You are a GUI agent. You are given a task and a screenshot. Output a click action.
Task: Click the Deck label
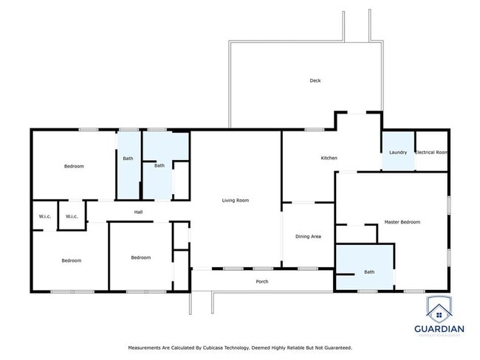coord(315,80)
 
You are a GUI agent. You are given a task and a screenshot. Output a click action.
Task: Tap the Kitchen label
coord(329,159)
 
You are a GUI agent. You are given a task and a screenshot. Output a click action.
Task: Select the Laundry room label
coord(398,152)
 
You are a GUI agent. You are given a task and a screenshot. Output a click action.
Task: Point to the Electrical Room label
coord(431,152)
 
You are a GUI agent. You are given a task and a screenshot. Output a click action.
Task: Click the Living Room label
coord(236,200)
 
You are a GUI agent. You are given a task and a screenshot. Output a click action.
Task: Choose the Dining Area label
coord(308,236)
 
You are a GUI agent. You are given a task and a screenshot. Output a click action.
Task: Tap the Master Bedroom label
coord(402,222)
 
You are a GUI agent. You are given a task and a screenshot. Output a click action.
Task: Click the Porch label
coord(261,281)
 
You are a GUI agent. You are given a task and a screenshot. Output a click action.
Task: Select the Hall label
coord(138,212)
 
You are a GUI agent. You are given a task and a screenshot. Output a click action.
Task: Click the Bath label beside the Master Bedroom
coord(369,272)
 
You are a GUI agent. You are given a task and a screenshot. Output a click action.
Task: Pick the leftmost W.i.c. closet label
coord(44,216)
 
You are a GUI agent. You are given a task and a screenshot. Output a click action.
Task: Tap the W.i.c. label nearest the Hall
coord(72,216)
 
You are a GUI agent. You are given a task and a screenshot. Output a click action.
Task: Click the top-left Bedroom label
coord(74,166)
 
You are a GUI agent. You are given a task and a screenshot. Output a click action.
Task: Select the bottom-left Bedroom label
coord(71,260)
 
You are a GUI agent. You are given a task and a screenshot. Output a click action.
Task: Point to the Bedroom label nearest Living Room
coord(140,257)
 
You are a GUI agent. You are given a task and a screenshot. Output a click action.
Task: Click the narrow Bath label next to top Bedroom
coord(128,158)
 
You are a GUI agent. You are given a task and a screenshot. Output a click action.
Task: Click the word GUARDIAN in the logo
coord(439,329)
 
